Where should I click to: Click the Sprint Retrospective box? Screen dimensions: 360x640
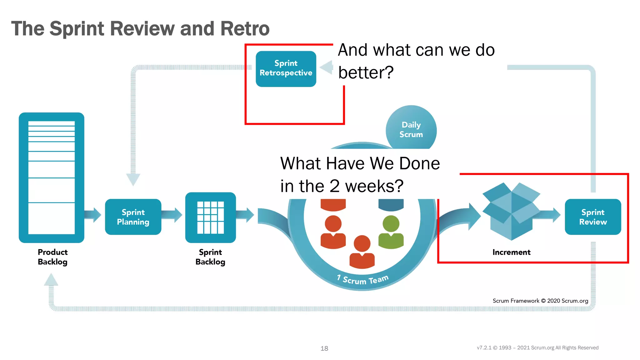point(286,69)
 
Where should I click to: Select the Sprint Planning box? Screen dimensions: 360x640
point(133,217)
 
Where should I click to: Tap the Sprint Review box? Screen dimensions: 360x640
point(592,217)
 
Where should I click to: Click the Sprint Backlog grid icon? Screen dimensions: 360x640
point(210,217)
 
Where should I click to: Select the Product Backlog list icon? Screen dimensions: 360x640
point(52,177)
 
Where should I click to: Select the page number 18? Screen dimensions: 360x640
point(324,348)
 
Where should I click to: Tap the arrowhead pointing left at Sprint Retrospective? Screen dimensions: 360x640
point(327,67)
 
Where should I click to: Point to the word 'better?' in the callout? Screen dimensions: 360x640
point(366,72)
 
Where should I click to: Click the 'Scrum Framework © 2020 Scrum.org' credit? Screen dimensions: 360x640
point(540,301)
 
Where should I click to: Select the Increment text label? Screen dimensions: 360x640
point(511,252)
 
